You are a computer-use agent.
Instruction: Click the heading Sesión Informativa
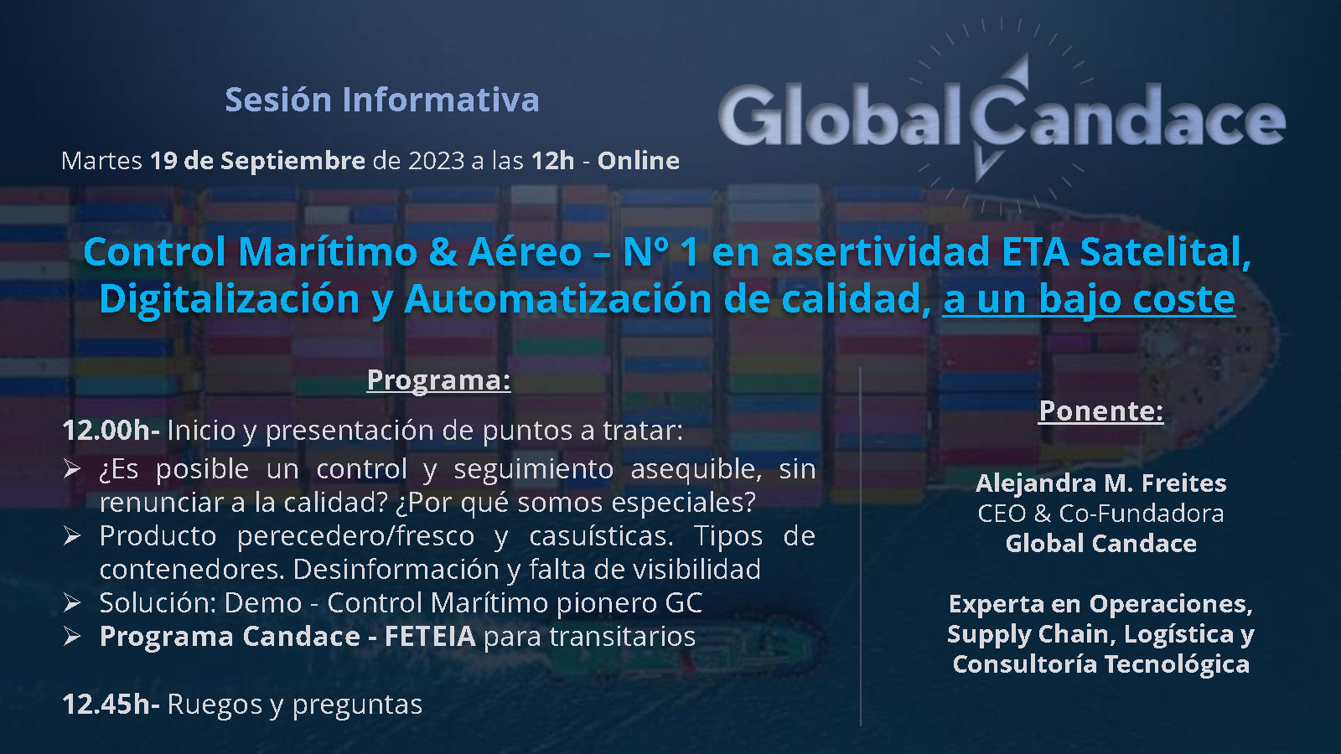click(382, 100)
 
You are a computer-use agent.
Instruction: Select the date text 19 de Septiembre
click(257, 160)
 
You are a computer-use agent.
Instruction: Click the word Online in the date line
click(638, 160)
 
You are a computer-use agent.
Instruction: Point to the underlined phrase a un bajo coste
click(1089, 298)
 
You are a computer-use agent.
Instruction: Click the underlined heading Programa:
click(439, 380)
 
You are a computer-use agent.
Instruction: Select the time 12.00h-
click(111, 431)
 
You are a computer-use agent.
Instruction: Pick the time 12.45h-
click(111, 705)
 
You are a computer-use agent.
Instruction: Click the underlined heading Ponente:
click(1101, 411)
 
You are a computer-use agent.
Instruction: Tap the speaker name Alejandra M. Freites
click(1101, 483)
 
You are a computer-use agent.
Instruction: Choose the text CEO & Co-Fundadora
click(1101, 514)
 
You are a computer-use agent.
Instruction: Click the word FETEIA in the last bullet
click(430, 636)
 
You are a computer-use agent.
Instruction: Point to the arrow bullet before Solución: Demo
click(72, 602)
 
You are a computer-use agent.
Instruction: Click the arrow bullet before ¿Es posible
click(72, 468)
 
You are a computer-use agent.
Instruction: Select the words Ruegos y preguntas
click(294, 705)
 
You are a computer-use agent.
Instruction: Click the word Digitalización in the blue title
click(230, 298)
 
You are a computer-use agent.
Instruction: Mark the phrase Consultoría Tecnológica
click(1101, 664)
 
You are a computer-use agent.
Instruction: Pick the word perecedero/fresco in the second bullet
click(355, 536)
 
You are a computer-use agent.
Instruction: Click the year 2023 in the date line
click(437, 160)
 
